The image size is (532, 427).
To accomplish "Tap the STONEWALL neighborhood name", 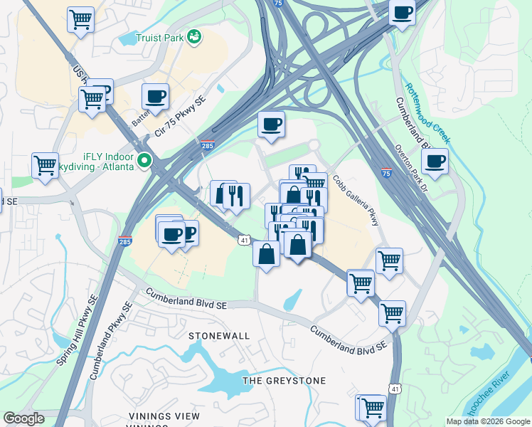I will pyautogui.click(x=219, y=335).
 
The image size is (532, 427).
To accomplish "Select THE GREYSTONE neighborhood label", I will pyautogui.click(x=284, y=381).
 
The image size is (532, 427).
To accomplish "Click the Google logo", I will pyautogui.click(x=23, y=418).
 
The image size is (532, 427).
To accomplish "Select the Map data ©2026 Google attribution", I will pyautogui.click(x=488, y=421).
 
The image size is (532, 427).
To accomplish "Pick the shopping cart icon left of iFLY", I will pyautogui.click(x=45, y=164).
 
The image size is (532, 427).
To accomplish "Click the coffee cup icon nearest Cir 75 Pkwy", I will pyautogui.click(x=155, y=96).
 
